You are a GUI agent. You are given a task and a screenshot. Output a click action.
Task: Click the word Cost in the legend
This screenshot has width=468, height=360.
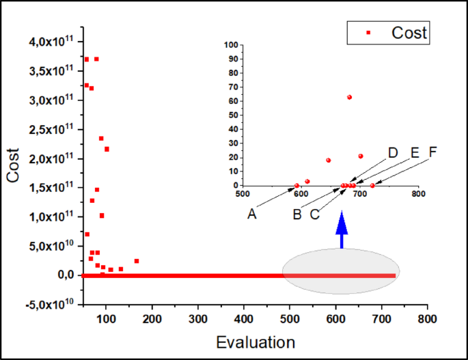(409, 32)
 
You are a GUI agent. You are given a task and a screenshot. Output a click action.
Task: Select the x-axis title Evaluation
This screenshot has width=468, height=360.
(255, 341)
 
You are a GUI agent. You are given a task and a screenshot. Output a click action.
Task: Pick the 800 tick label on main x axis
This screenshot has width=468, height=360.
(428, 318)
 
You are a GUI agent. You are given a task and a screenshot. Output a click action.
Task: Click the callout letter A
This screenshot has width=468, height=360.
(252, 214)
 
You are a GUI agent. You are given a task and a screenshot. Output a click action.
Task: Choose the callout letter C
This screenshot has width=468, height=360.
(314, 214)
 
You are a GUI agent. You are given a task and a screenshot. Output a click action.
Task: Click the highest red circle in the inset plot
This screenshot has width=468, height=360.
(349, 97)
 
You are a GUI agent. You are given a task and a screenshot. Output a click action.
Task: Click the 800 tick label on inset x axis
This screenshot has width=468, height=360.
(418, 193)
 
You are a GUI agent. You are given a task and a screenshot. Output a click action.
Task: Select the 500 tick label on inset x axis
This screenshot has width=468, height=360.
(242, 193)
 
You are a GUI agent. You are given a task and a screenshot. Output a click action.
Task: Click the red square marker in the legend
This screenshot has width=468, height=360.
(368, 32)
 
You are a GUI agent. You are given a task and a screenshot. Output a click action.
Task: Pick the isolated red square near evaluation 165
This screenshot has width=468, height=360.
(137, 261)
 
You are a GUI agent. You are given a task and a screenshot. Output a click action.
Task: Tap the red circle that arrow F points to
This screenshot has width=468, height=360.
(372, 185)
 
